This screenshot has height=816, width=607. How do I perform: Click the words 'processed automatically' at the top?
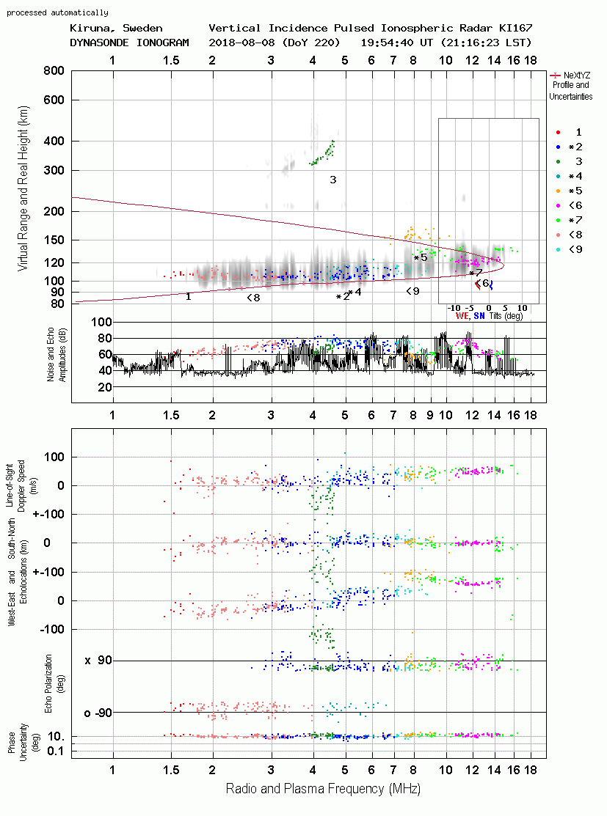57,12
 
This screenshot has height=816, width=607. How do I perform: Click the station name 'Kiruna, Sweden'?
116,28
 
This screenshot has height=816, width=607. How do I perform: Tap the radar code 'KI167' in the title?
516,28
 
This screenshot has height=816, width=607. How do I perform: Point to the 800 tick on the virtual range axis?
54,70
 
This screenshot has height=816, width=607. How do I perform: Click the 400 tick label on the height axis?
54,141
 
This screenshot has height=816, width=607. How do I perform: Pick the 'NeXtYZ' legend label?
577,76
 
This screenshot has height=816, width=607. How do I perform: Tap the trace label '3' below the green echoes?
333,180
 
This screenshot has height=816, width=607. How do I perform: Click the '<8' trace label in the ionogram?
253,298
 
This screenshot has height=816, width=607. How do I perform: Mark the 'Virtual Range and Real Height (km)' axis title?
23,189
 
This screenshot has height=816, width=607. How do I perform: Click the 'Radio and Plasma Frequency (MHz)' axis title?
323,789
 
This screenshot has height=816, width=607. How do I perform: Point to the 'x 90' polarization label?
98,661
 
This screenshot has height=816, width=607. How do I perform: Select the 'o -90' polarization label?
98,713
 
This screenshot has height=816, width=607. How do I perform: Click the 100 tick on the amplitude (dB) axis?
101,322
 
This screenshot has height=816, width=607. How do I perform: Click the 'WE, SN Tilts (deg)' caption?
490,316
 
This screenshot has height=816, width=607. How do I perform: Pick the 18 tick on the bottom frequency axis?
531,771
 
